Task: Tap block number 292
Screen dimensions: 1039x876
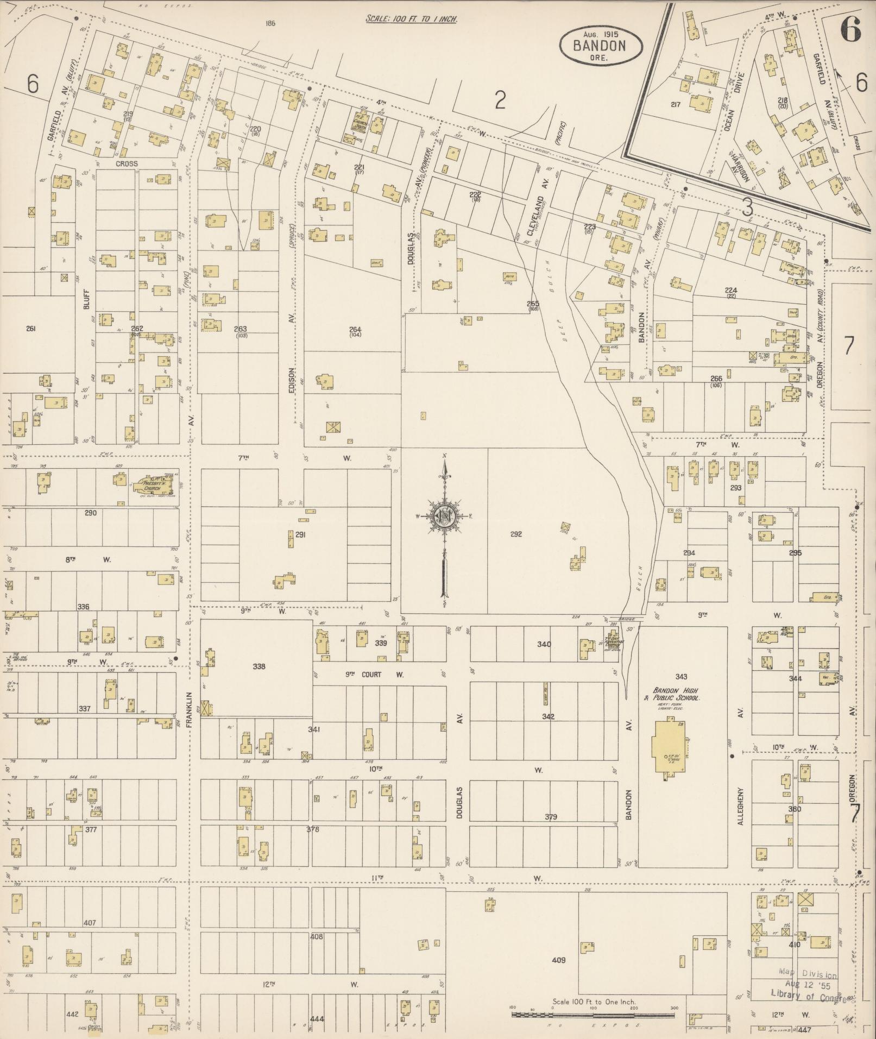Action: [516, 534]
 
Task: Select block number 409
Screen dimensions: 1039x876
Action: [558, 960]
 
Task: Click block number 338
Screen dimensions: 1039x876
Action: [259, 666]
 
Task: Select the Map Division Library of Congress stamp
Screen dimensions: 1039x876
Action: [808, 985]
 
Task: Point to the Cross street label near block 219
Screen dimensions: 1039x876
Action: [126, 163]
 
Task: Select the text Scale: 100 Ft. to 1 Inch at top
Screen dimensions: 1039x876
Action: [412, 18]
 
